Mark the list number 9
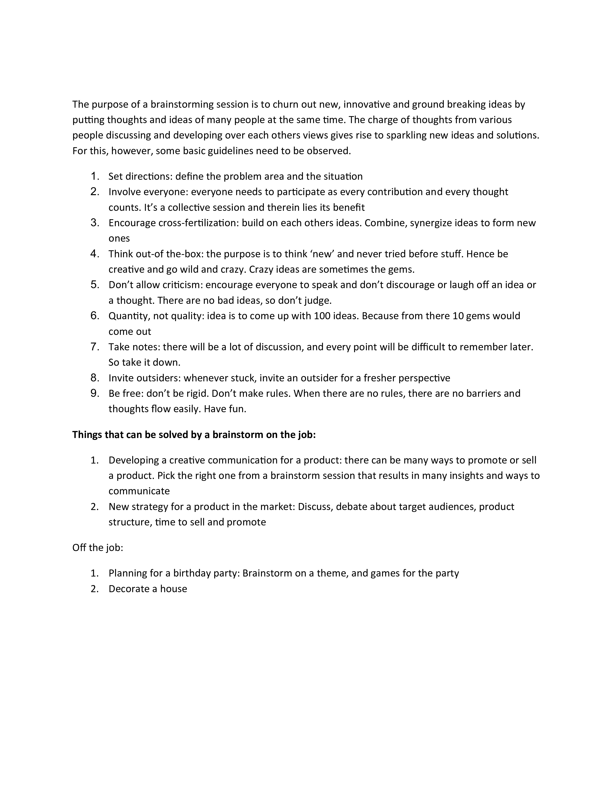coord(95,393)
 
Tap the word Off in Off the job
coord(79,548)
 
